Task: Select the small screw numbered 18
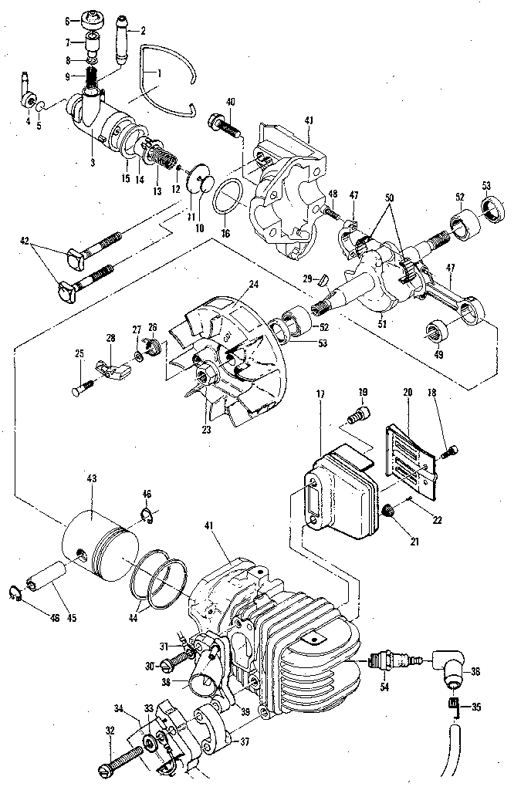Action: pos(453,450)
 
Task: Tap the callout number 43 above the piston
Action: pos(92,480)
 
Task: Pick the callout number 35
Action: pos(475,706)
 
